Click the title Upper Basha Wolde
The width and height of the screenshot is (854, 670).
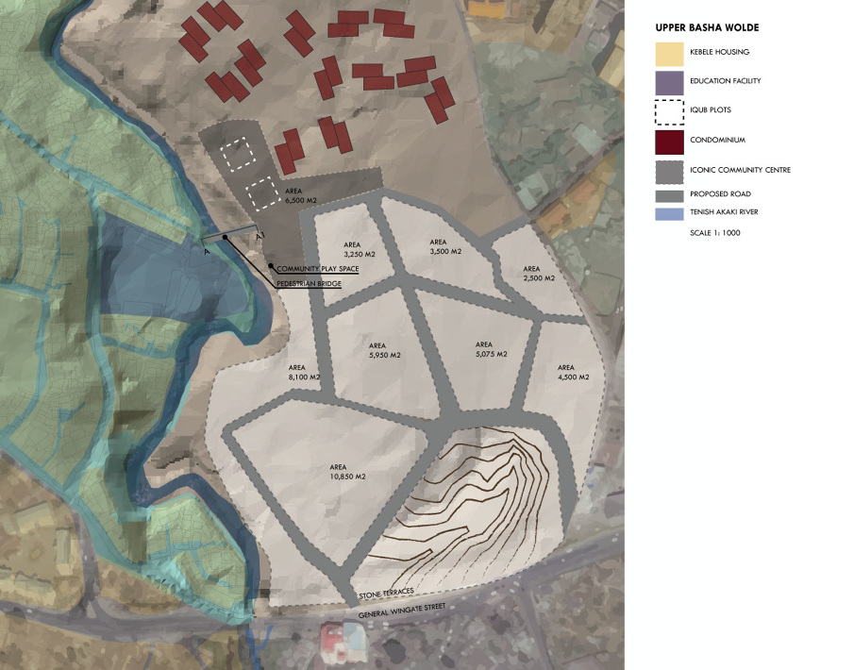tap(707, 28)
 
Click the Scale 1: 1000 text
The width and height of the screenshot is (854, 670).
tap(714, 232)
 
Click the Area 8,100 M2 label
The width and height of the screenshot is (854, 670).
tap(304, 372)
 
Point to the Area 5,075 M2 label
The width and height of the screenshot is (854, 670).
tap(491, 349)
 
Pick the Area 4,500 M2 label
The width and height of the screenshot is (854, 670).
tap(573, 372)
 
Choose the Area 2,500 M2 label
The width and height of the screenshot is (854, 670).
tap(540, 275)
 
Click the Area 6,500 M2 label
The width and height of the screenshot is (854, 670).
tap(304, 195)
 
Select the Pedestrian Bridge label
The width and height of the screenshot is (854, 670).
tap(309, 284)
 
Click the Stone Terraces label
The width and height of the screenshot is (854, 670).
tap(386, 594)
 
